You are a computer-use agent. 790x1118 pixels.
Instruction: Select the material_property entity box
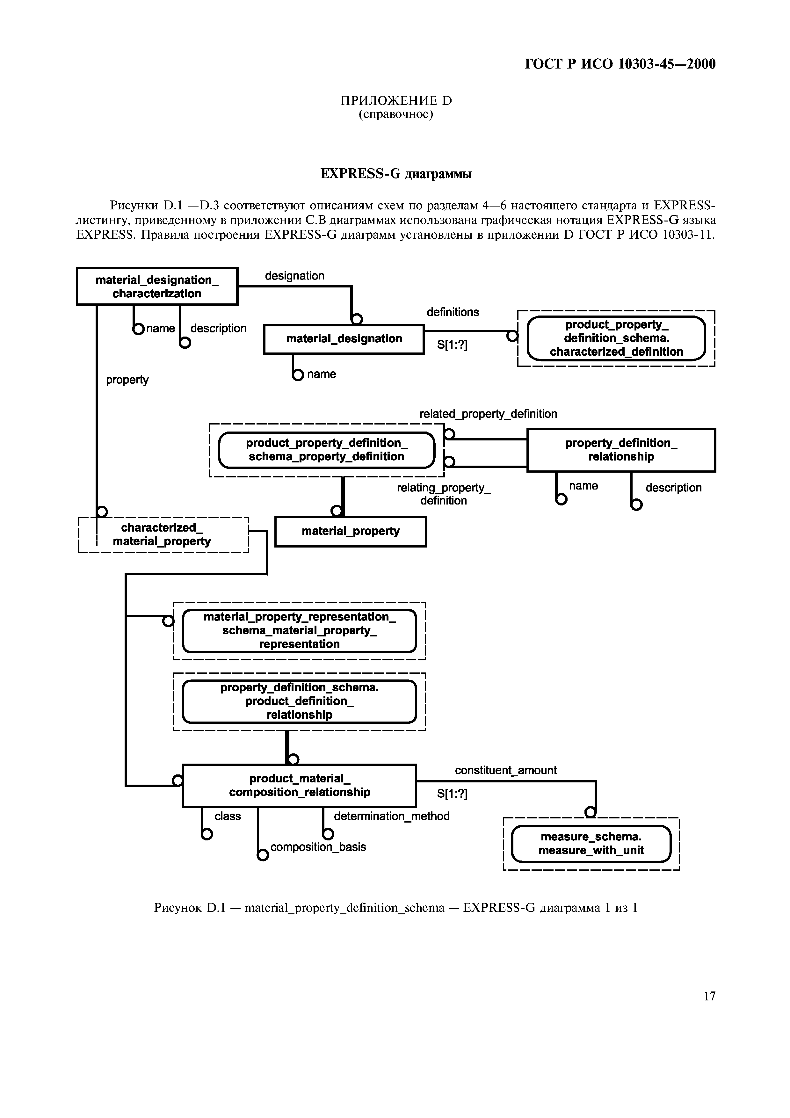[351, 531]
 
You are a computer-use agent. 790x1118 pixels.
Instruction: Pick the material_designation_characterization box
[157, 286]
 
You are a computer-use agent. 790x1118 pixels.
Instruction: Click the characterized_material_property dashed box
[163, 535]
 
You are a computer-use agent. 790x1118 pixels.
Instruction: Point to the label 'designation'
[294, 276]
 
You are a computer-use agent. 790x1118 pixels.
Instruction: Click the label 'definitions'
[453, 312]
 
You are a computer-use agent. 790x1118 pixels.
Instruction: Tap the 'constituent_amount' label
[506, 770]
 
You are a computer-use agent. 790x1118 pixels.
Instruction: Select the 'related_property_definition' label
[488, 414]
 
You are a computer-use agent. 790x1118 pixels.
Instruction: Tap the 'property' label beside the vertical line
[127, 380]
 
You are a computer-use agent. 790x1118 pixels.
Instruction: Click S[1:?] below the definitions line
[452, 345]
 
